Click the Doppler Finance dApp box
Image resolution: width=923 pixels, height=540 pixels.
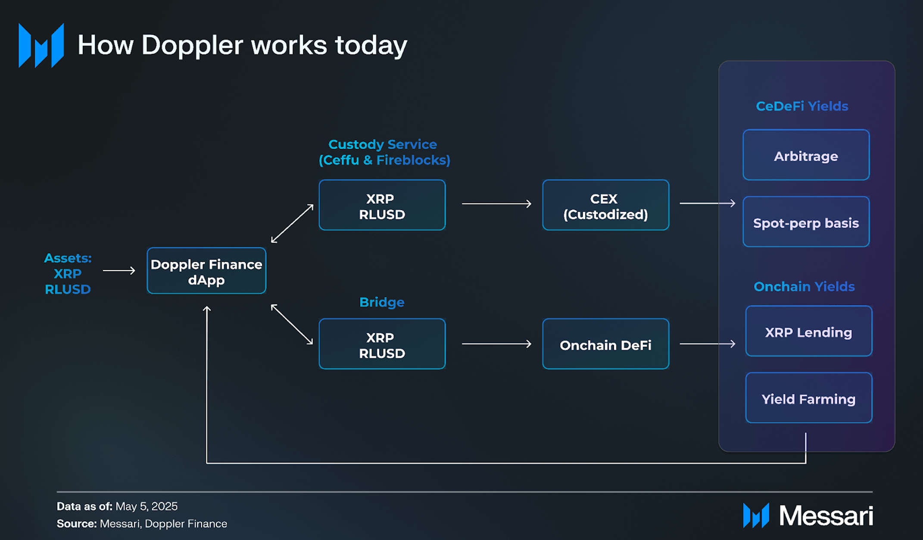[206, 270]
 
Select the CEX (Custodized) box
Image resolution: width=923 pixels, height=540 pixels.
[605, 205]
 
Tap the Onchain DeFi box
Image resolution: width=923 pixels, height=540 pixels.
[605, 344]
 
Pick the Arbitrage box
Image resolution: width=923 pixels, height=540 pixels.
[806, 155]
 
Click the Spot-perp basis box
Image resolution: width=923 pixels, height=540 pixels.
[806, 221]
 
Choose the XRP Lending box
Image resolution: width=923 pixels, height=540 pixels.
[808, 331]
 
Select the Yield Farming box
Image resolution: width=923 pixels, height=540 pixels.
[808, 397]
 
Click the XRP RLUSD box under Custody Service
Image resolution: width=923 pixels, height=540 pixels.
[382, 205]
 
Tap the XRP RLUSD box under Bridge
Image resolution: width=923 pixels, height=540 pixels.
[382, 344]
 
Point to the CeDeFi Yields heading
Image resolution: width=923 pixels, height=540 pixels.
[802, 106]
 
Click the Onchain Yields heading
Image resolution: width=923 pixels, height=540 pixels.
[804, 286]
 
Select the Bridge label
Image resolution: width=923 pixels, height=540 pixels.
[382, 302]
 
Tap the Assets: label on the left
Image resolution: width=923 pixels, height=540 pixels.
[68, 258]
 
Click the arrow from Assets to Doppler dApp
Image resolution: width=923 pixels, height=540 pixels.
[119, 270]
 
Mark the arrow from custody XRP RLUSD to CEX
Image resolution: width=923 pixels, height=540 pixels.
[496, 203]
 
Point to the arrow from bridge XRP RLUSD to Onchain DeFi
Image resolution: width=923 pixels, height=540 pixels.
[496, 344]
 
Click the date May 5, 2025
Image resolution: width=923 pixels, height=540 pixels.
[147, 506]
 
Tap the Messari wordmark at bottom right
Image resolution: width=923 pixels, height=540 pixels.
[826, 515]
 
